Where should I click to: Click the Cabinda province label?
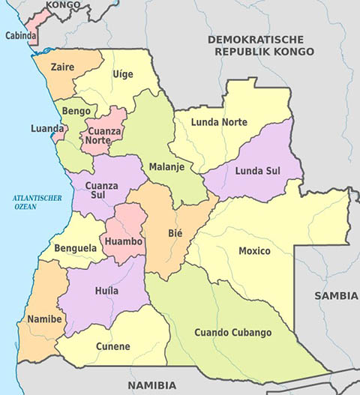coord(19,34)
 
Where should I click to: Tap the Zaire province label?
coord(62,67)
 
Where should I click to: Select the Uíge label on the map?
coord(122,73)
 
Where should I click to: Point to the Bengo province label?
coord(76,111)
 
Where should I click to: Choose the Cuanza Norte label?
coord(103,135)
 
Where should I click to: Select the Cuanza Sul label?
coord(101,190)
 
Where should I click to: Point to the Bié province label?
coord(175,233)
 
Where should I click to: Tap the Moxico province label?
coord(254,250)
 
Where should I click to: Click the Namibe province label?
coord(44,319)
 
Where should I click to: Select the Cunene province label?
coord(112,346)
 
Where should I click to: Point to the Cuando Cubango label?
coord(232,332)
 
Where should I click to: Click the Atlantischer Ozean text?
coord(34,201)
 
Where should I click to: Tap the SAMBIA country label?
coord(335,295)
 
